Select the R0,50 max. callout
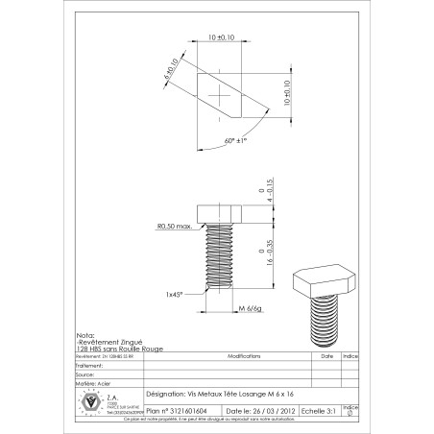(x=176, y=228)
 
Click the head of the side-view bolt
(x=220, y=212)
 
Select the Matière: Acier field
(x=91, y=381)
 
